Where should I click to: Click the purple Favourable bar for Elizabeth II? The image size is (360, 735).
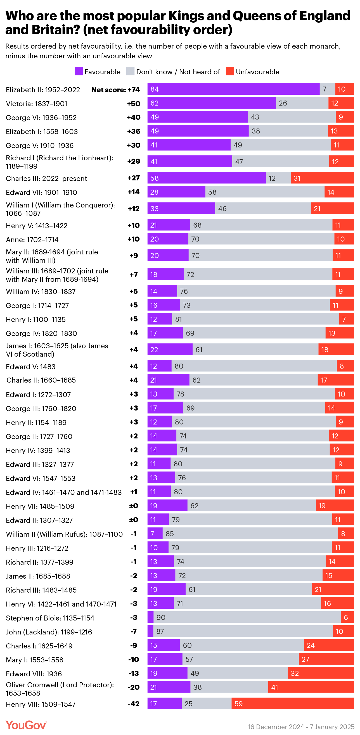pyautogui.click(x=233, y=89)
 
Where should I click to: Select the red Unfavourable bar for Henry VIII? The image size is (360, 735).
pyautogui.click(x=293, y=704)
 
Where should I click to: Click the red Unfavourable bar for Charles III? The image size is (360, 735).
pyautogui.click(x=322, y=178)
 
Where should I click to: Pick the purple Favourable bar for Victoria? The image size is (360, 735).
pyautogui.click(x=212, y=103)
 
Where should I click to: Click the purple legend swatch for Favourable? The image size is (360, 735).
pyautogui.click(x=79, y=71)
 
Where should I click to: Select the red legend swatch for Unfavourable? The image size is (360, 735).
pyautogui.click(x=230, y=71)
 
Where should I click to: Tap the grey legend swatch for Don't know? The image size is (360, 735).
pyautogui.click(x=130, y=71)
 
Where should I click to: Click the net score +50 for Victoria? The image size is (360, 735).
pyautogui.click(x=134, y=104)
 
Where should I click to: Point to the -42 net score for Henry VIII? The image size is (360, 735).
pyautogui.click(x=134, y=704)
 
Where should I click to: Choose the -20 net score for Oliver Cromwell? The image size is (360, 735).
pyautogui.click(x=134, y=687)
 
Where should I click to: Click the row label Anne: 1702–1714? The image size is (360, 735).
pyautogui.click(x=32, y=240)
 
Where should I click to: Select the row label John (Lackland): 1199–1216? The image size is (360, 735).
pyautogui.click(x=49, y=632)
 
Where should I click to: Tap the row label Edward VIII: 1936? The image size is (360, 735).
pyautogui.click(x=34, y=674)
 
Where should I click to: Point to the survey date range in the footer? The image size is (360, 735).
pyautogui.click(x=301, y=726)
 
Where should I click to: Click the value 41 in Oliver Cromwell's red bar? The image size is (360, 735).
pyautogui.click(x=274, y=687)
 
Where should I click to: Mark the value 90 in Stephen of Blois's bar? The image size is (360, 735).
pyautogui.click(x=161, y=617)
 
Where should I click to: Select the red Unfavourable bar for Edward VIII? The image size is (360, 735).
pyautogui.click(x=321, y=673)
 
